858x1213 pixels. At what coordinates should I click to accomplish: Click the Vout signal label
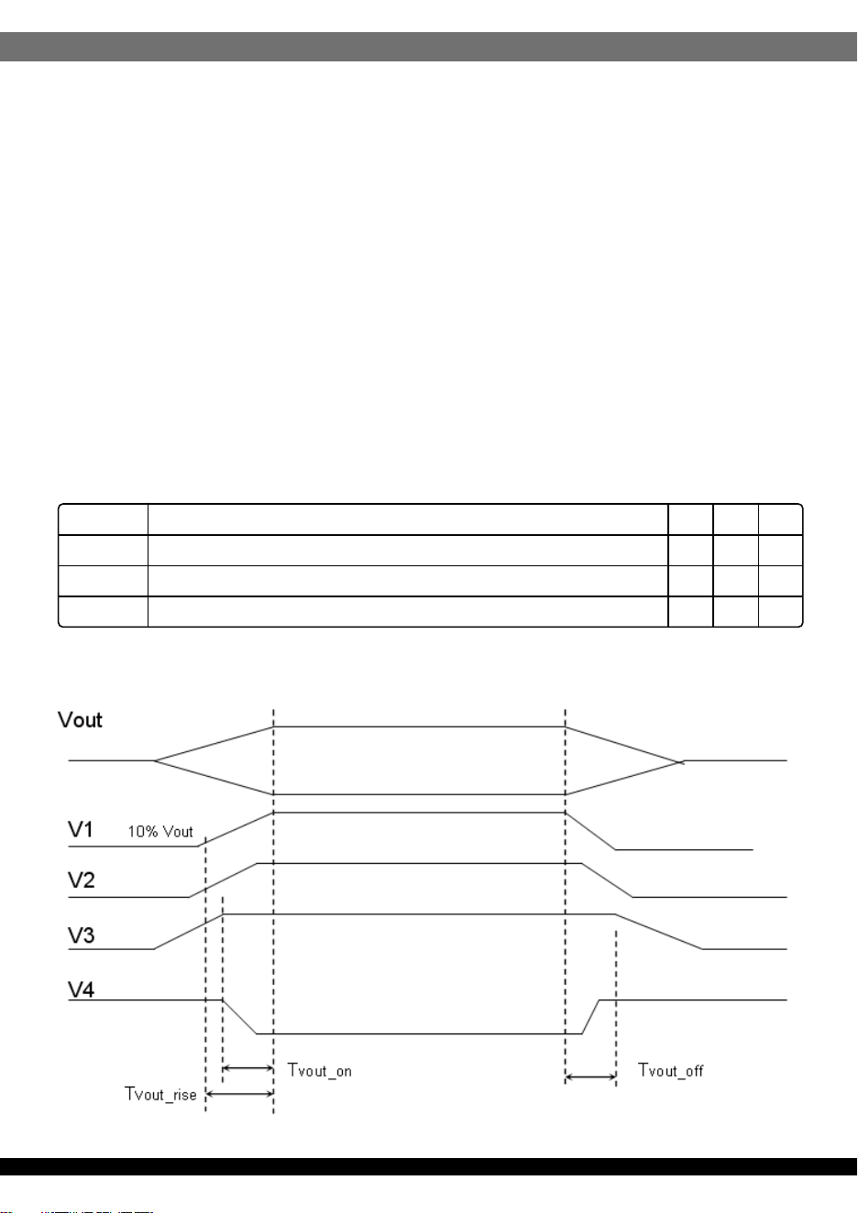[80, 720]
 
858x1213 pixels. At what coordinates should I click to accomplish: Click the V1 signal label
[81, 830]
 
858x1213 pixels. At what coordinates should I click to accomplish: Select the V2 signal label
[82, 880]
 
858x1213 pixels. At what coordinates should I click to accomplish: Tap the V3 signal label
[82, 935]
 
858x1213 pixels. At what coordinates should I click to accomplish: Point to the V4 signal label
[82, 989]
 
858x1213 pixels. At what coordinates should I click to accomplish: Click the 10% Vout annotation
[159, 832]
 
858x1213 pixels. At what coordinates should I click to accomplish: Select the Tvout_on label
[320, 1070]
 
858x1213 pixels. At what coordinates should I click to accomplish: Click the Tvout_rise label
[160, 1094]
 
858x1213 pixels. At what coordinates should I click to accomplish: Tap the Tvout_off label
[671, 1070]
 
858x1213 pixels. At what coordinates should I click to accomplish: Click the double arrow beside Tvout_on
[248, 1068]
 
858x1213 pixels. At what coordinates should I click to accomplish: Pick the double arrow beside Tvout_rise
[239, 1095]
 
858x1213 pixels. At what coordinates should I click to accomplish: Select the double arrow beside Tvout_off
[590, 1077]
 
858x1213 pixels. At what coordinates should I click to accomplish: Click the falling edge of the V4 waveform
[239, 1017]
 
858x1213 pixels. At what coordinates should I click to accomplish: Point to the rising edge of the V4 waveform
[590, 1017]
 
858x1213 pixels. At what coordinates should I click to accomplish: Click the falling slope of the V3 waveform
[659, 932]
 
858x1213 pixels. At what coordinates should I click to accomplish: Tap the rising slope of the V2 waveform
[223, 880]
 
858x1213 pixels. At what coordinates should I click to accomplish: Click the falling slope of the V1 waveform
[590, 831]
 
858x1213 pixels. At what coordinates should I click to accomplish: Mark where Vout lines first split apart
[154, 760]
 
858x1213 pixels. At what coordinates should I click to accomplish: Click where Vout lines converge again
[680, 762]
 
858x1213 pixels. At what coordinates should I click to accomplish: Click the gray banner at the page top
[428, 47]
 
